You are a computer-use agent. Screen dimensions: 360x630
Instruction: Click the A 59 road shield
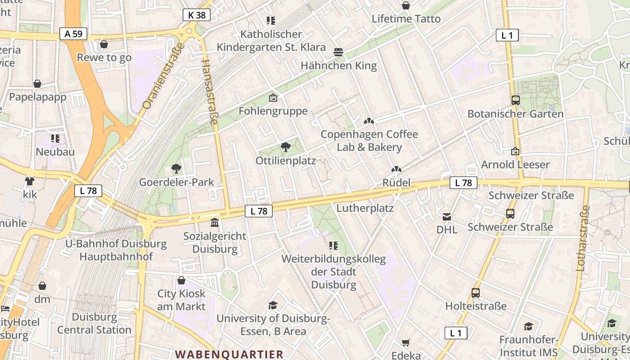(73, 34)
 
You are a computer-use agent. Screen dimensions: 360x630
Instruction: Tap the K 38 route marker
(197, 15)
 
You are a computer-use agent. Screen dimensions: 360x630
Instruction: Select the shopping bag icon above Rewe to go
(104, 44)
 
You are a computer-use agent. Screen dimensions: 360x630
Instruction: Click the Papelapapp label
(37, 97)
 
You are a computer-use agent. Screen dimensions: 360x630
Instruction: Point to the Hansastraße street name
(210, 92)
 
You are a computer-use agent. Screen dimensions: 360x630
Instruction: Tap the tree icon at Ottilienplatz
(285, 147)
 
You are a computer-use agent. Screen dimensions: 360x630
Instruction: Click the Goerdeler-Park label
(176, 182)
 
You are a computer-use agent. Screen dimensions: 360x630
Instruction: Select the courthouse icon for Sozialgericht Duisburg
(215, 223)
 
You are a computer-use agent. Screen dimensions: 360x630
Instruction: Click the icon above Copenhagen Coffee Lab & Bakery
(369, 121)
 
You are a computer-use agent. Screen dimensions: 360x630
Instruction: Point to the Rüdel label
(396, 182)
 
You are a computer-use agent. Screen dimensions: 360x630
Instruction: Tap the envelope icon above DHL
(447, 217)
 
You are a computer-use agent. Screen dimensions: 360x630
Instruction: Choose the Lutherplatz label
(365, 208)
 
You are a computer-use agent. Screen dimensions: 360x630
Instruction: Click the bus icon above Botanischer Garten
(516, 100)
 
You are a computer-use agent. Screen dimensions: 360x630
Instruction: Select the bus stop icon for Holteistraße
(476, 293)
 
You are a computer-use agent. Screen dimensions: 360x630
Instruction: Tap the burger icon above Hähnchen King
(338, 52)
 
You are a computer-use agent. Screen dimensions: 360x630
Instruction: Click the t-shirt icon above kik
(30, 181)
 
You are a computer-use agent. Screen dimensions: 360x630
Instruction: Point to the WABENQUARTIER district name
(229, 354)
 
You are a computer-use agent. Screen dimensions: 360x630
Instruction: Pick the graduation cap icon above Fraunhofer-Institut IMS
(528, 326)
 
